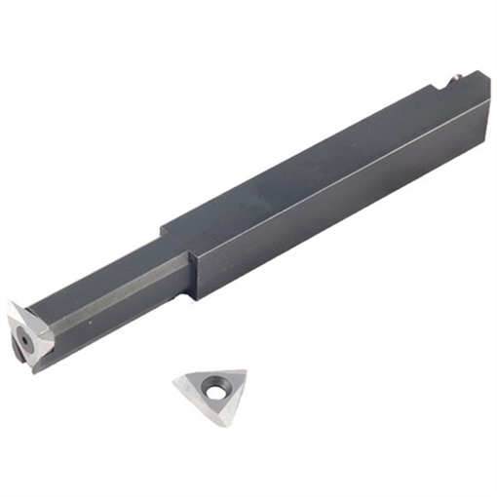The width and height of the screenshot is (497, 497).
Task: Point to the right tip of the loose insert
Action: click(x=245, y=372)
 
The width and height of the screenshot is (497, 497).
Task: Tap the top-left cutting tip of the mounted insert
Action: click(x=10, y=304)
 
